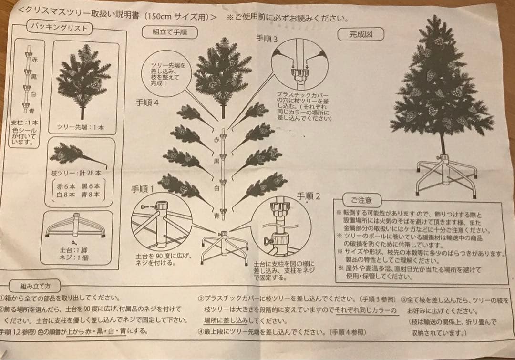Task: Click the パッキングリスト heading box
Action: tap(59, 27)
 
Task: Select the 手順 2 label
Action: tap(309, 195)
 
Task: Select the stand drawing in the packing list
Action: tap(75, 226)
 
